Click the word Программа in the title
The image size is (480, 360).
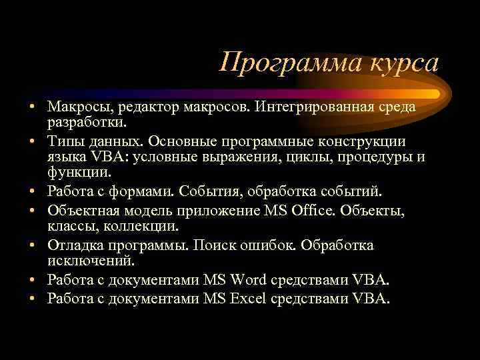286,64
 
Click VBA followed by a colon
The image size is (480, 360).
111,158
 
